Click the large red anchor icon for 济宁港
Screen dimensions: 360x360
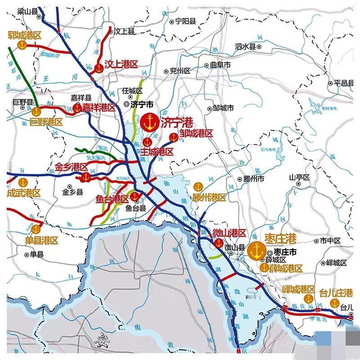pyautogui.click(x=149, y=122)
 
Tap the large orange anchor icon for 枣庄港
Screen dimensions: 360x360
pyautogui.click(x=256, y=250)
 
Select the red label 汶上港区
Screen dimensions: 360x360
pyautogui.click(x=121, y=64)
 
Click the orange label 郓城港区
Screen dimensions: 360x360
pyautogui.click(x=24, y=35)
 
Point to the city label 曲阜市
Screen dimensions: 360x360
pyautogui.click(x=220, y=65)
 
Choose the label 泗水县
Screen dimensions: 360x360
pyautogui.click(x=245, y=46)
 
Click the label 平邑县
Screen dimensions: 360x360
pyautogui.click(x=343, y=83)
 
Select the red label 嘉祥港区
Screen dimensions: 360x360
pyautogui.click(x=99, y=108)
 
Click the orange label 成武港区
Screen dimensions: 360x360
pyautogui.click(x=24, y=193)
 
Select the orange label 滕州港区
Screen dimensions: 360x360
pyautogui.click(x=209, y=198)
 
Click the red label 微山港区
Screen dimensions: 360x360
pyautogui.click(x=229, y=233)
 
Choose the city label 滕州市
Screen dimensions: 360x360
pyautogui.click(x=254, y=179)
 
